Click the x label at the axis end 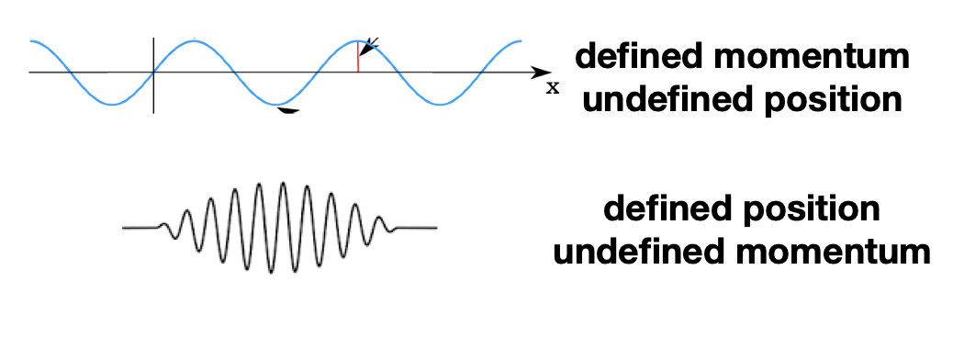point(552,88)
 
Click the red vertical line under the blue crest point(358,57)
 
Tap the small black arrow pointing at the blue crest point(369,43)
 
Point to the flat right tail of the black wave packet point(418,227)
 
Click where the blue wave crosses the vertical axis point(153,72)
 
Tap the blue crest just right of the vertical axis point(195,39)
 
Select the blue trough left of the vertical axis point(111,104)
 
